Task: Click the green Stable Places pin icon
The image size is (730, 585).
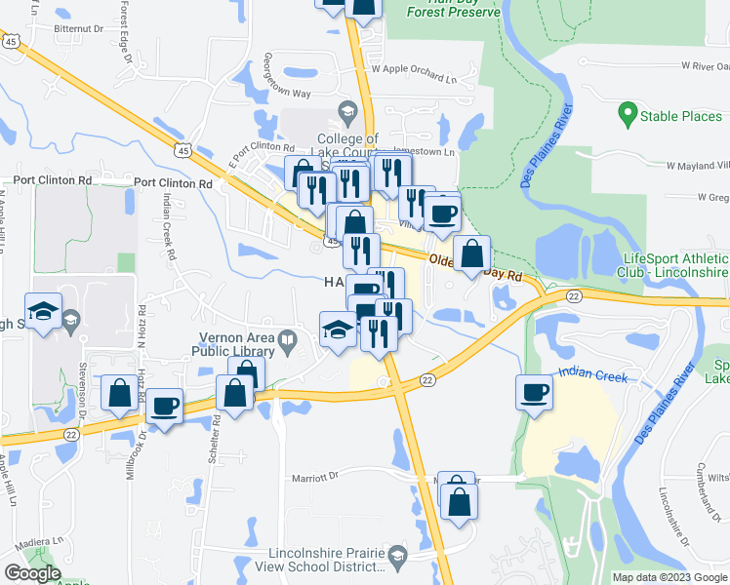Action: coord(629,116)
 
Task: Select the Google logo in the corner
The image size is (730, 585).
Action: coord(32,573)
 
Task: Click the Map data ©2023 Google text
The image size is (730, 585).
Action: coord(669,577)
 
